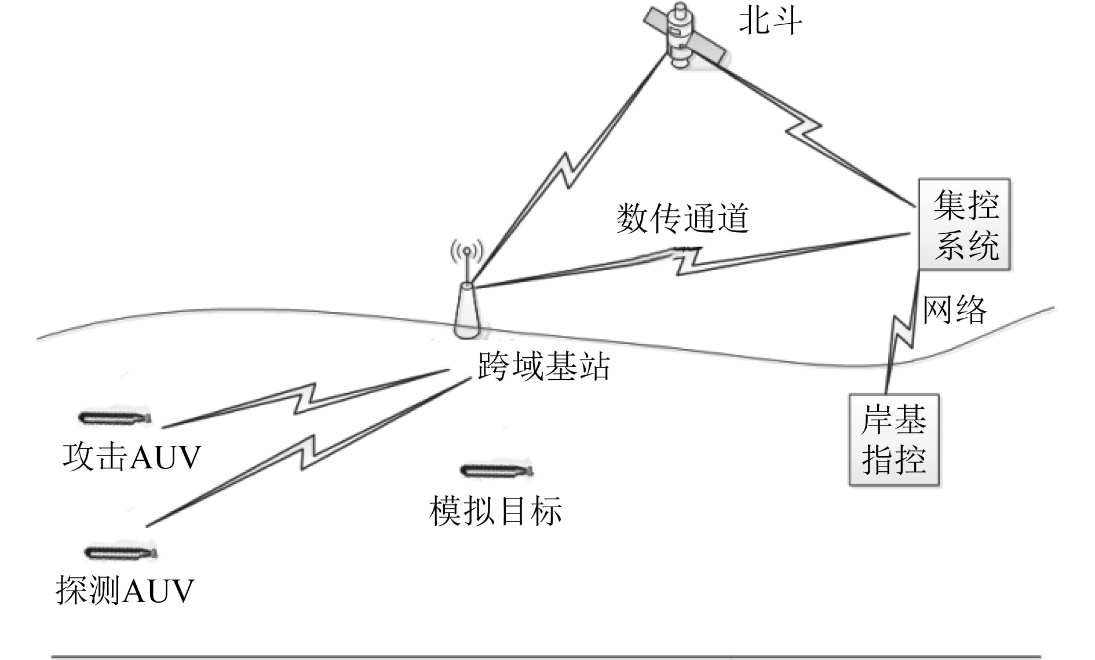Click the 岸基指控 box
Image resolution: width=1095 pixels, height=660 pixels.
coord(893,440)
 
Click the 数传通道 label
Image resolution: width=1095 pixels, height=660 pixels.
coord(682,219)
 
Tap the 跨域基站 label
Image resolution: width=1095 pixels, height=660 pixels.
coord(543,366)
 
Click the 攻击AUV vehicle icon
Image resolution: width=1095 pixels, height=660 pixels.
coord(115,417)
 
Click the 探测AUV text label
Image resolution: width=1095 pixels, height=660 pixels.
coord(125,591)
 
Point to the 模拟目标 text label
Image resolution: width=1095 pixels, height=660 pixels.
coord(495,511)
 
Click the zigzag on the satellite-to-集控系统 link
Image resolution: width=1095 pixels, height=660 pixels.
coord(804,130)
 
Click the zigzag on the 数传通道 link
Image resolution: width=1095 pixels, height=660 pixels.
coord(689,260)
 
